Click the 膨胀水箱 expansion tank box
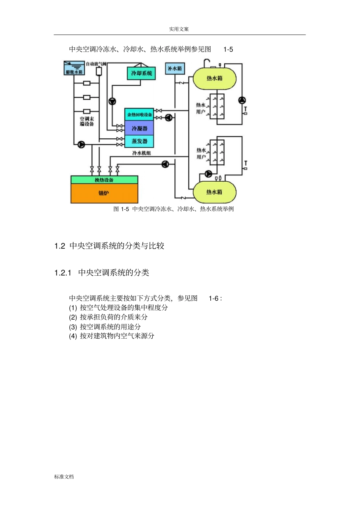74,67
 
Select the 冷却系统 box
141,73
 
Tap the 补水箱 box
175,69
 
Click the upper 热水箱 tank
214,78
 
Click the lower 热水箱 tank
214,192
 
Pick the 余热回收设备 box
139,115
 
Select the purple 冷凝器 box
139,128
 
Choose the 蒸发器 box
139,141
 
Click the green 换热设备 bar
104,180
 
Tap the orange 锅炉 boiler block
104,193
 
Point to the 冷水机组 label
141,153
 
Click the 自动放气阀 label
96,64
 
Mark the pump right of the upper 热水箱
242,100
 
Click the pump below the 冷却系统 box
112,101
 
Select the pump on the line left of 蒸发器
81,144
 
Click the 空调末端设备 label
87,121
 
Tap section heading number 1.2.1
63,273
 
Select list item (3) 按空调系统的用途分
105,326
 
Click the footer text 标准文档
64,477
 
